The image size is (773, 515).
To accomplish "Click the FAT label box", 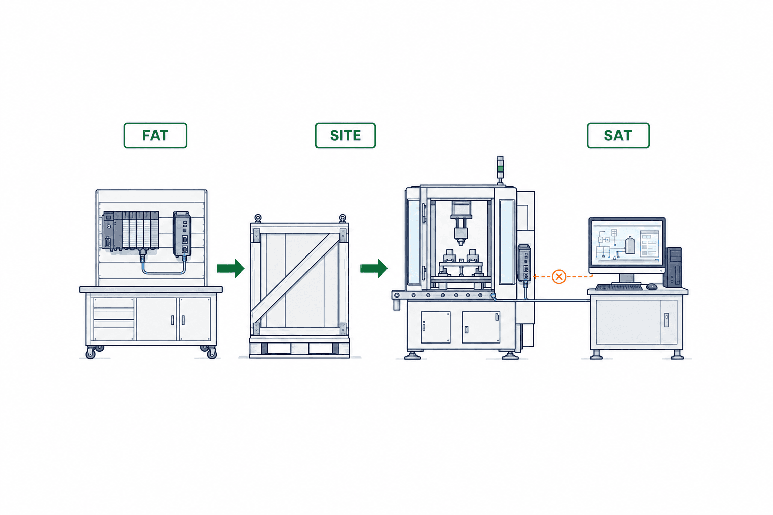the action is [156, 136].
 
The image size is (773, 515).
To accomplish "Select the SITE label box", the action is [345, 136].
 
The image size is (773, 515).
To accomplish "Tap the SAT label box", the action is [618, 136].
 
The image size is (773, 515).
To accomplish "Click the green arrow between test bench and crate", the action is [230, 268].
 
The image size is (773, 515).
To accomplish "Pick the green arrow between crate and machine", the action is [374, 268].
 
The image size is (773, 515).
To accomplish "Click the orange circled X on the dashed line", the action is [559, 276].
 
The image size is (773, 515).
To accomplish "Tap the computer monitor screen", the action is [627, 243].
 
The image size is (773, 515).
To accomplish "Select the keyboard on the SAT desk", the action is [619, 287].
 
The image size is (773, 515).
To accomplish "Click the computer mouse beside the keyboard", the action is [652, 286].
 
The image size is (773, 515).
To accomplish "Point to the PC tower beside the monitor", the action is [672, 268].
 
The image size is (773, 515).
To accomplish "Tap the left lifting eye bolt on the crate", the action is [258, 218].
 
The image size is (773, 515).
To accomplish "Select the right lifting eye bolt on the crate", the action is [342, 218].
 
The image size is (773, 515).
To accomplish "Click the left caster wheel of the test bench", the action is [91, 353].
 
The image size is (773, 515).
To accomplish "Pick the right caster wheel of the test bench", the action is [211, 353].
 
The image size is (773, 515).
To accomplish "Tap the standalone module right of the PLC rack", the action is [182, 234].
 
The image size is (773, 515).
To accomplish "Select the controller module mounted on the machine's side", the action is [524, 263].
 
